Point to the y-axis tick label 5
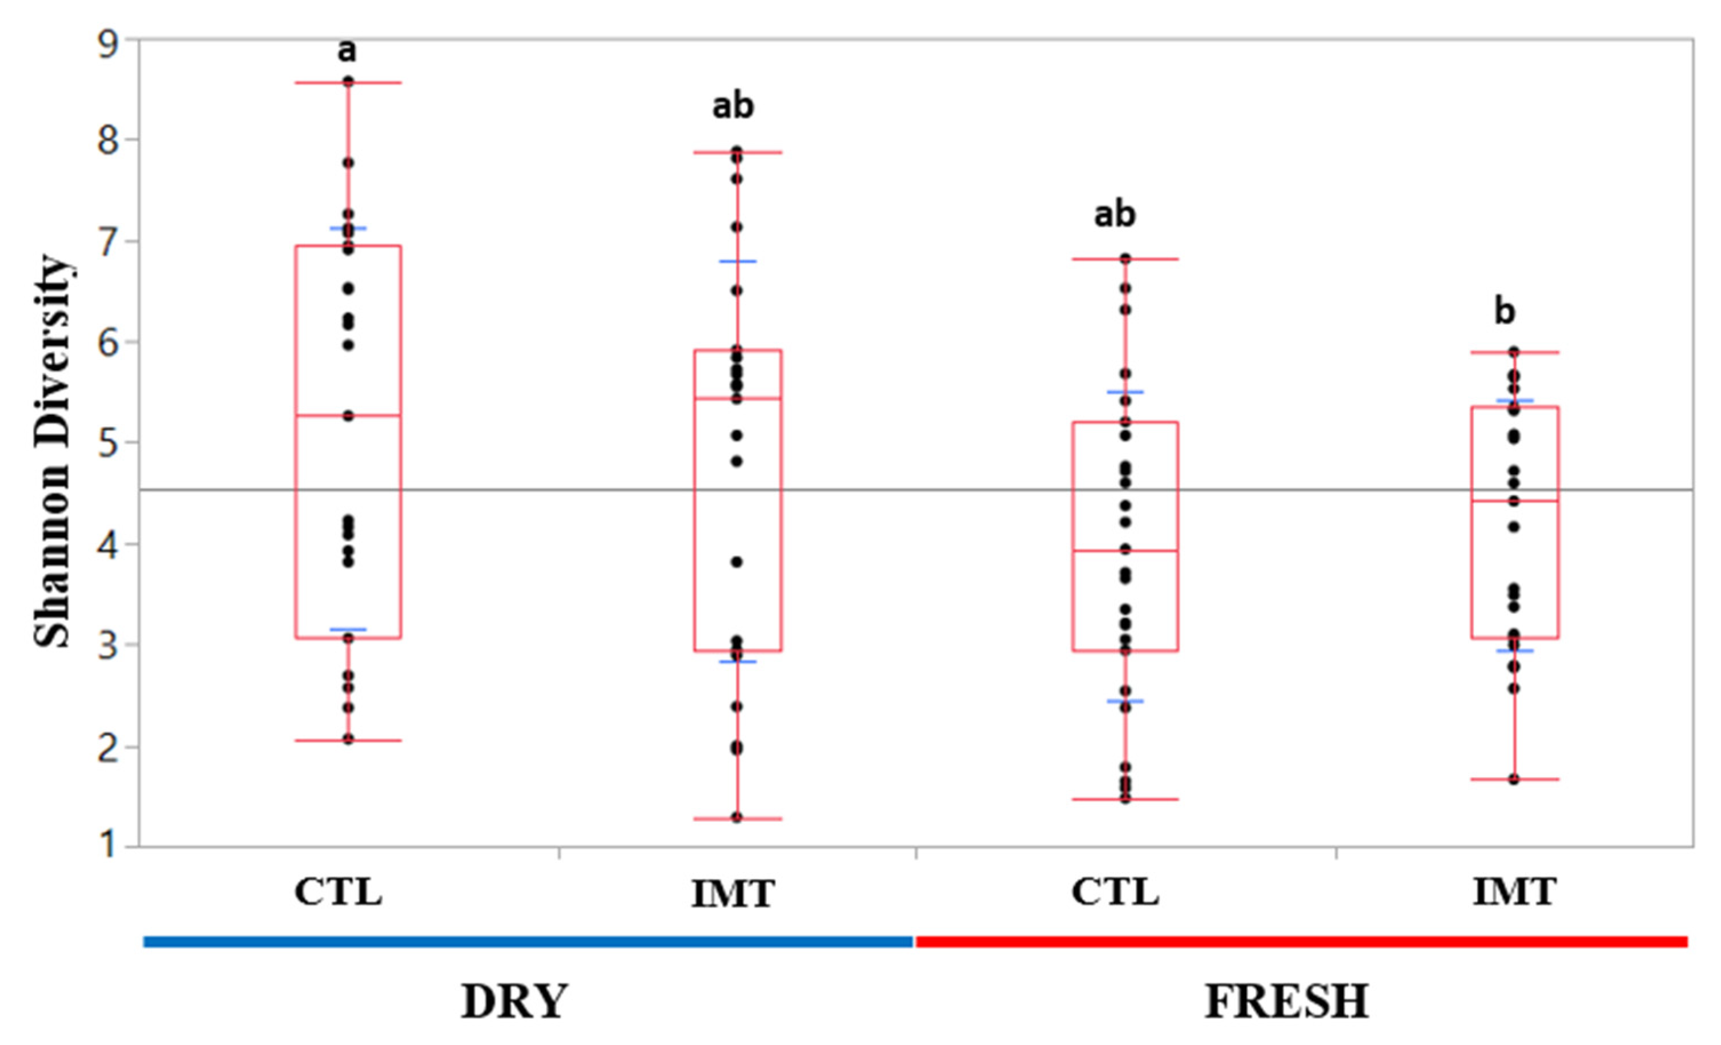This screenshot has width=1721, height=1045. pos(109,443)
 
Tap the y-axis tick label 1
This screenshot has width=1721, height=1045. pos(109,845)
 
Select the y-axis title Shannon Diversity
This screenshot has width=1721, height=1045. pos(53,450)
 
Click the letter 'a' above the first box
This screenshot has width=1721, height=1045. pos(347,50)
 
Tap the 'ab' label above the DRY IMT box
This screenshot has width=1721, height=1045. pos(733,106)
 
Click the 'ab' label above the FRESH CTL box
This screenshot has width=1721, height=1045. pos(1115,213)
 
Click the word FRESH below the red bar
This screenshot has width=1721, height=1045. pos(1286,1002)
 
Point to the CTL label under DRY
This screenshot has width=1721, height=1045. pos(338,892)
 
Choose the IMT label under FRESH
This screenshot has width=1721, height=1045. pos(1514,892)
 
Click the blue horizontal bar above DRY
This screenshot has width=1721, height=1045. pos(528,942)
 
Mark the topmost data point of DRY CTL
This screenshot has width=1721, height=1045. pos(348,82)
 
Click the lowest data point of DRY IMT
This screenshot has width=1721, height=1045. pos(737,817)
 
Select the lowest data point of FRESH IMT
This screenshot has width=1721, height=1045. pos(1514,779)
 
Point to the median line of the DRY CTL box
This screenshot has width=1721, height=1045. pos(348,415)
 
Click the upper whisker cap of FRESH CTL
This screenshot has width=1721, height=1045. pos(1126,259)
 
